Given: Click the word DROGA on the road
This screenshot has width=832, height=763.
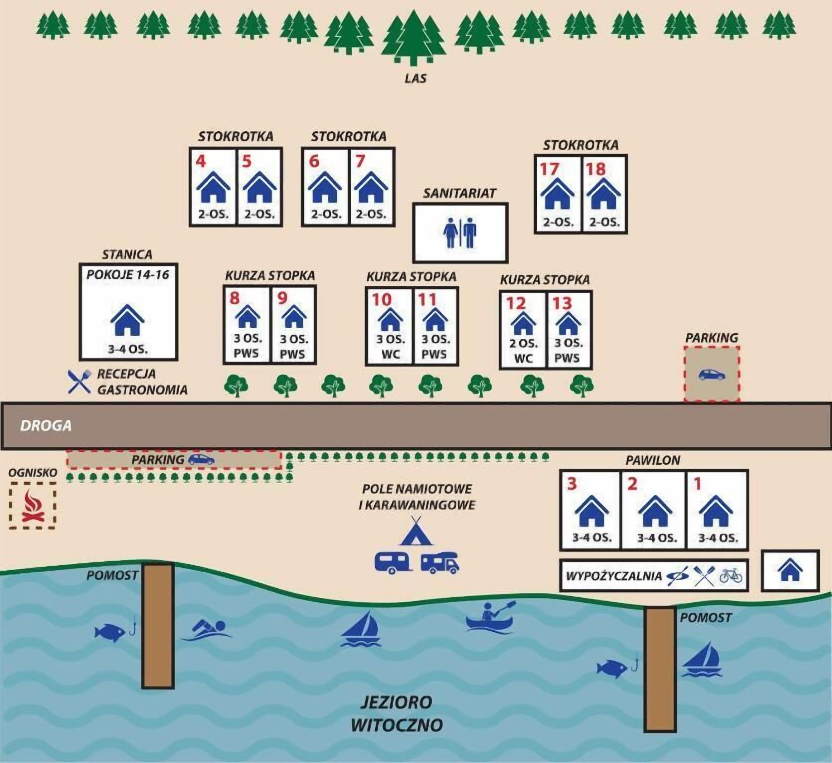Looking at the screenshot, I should [x=46, y=426].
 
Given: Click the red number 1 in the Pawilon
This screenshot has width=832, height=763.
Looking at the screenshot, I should [x=698, y=484].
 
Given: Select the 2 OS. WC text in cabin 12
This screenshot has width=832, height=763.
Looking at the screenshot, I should [x=523, y=350].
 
